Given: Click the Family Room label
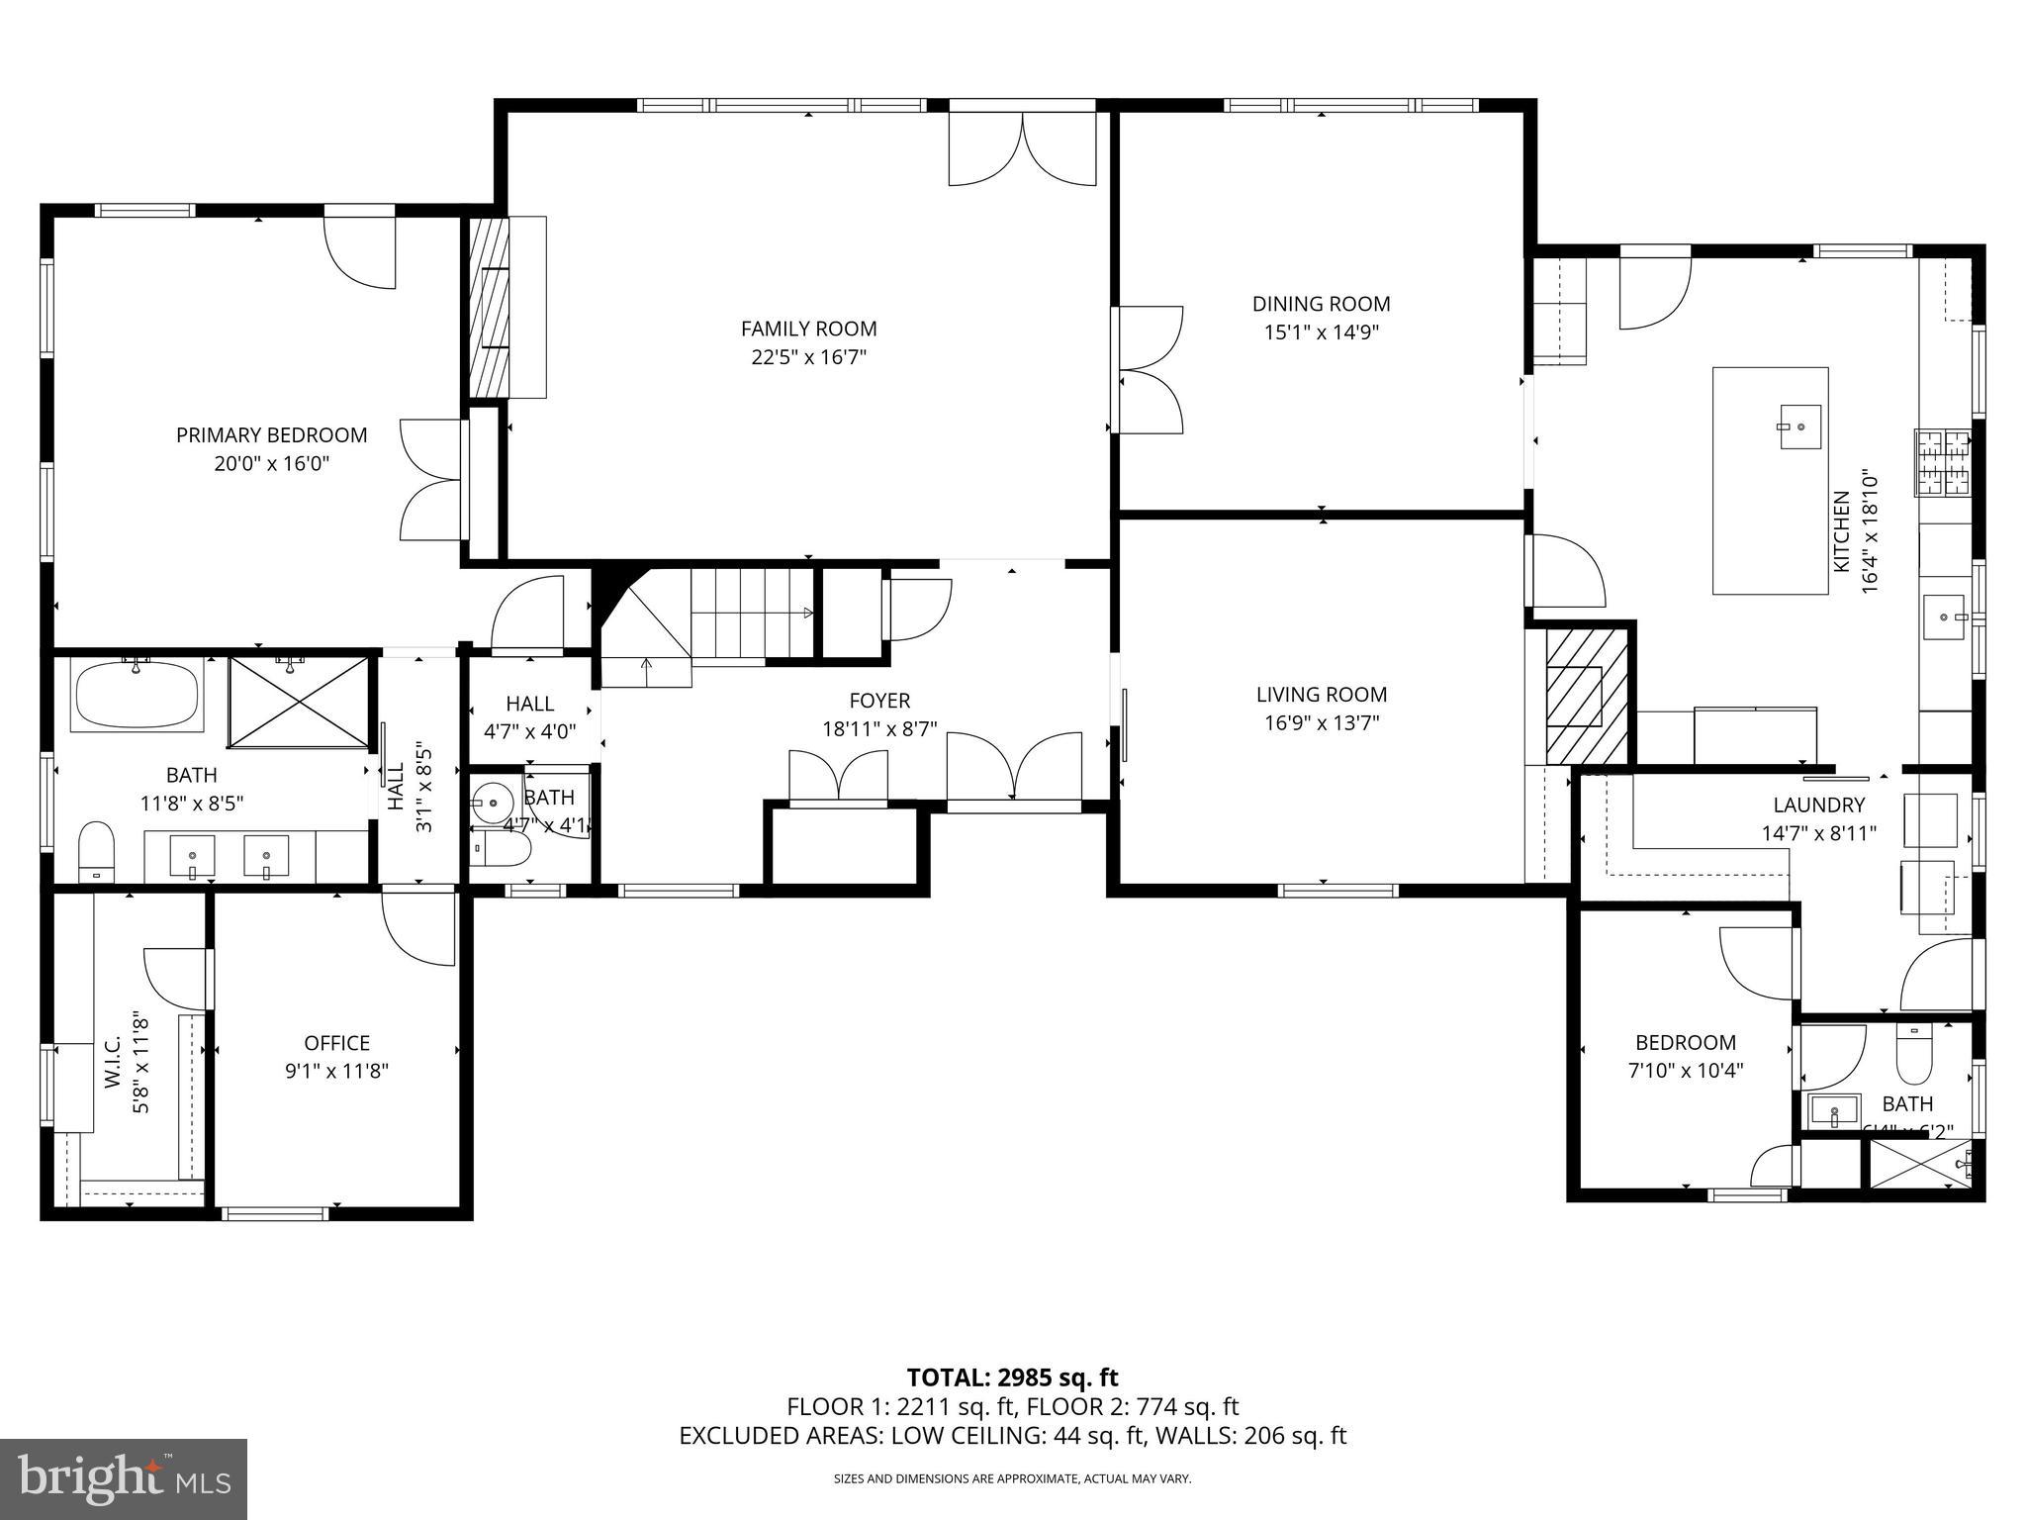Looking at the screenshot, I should [x=808, y=329].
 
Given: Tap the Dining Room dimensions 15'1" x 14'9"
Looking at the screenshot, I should [x=1321, y=332].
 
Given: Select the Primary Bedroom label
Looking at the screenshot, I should [x=271, y=435].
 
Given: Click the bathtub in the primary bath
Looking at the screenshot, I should [x=137, y=695].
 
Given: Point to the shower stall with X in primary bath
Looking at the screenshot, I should [x=298, y=702].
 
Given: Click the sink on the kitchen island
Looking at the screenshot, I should [x=1800, y=427].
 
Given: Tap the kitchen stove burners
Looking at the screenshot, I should [x=1942, y=462].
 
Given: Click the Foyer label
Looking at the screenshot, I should [x=878, y=702].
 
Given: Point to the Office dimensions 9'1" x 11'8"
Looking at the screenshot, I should [x=336, y=1071].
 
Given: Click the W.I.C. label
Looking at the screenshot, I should [x=112, y=1063].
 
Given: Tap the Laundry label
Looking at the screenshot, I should [x=1818, y=806].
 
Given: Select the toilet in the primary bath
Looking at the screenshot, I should [x=96, y=850].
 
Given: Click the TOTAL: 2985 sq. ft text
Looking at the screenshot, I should [x=1012, y=1377].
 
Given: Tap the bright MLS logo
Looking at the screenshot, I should [x=124, y=1479].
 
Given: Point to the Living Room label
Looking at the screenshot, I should [x=1321, y=695].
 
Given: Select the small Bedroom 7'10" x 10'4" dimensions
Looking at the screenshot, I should [x=1685, y=1070].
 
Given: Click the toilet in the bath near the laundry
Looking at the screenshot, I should [x=1913, y=1057].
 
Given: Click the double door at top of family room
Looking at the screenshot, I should [x=1022, y=148].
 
